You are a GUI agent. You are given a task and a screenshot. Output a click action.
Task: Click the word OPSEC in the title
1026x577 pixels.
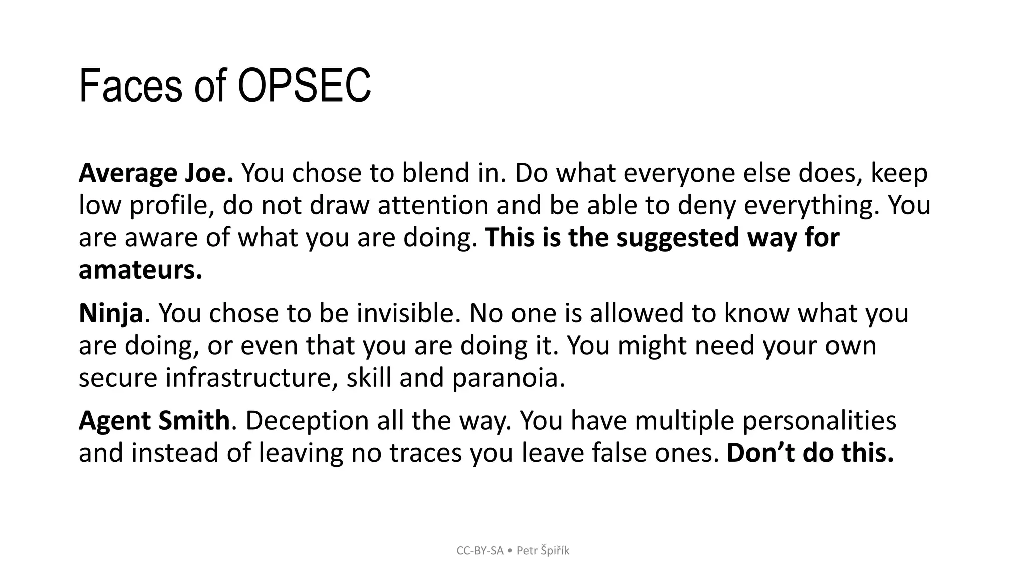coord(304,86)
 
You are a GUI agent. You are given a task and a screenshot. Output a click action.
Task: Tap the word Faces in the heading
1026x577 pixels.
coord(129,86)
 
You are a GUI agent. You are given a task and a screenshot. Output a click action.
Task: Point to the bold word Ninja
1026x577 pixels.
coord(111,314)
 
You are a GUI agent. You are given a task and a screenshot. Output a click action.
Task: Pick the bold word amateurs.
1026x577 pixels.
coord(140,270)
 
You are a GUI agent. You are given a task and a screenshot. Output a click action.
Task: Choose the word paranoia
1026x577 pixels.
coord(508,378)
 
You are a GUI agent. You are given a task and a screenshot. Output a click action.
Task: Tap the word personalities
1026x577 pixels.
coord(819,421)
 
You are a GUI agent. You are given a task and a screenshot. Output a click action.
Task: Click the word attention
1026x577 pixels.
coord(433,206)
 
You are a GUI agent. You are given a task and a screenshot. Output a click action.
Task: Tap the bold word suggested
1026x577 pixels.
coord(677,238)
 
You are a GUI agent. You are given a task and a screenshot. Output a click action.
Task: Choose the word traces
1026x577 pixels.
coord(425,453)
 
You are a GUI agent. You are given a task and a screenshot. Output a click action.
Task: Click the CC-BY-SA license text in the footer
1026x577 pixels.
coord(480,551)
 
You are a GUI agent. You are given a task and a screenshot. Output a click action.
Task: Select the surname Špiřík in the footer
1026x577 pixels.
coord(555,551)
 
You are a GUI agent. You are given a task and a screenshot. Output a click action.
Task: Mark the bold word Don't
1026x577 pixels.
coord(760,453)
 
